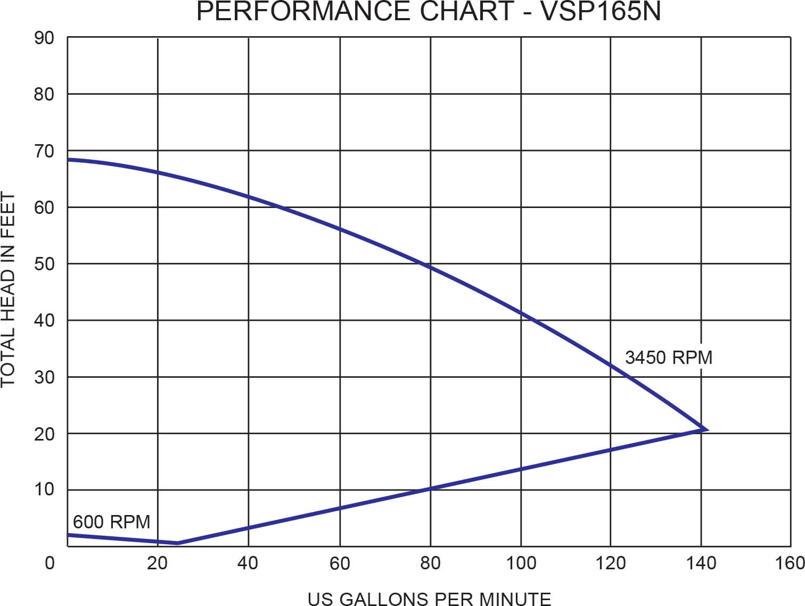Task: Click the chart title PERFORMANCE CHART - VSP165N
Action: tap(429, 11)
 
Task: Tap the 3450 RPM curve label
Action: tap(668, 357)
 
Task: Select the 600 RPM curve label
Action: tap(111, 521)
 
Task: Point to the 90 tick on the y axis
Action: tap(44, 38)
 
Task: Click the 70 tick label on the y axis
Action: tap(44, 151)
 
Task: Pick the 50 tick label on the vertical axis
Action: tap(44, 264)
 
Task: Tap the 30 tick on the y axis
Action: tap(44, 377)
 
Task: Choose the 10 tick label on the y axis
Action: tap(44, 489)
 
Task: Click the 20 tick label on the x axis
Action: tap(157, 563)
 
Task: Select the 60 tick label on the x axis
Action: tap(340, 563)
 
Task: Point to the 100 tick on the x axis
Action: tap(520, 563)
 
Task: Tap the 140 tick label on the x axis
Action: tap(701, 563)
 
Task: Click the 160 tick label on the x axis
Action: tap(790, 563)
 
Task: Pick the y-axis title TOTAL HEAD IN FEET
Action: tap(9, 290)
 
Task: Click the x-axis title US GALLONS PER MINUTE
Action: tap(429, 599)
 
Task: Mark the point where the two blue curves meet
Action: tap(707, 429)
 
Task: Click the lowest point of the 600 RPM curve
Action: tap(178, 543)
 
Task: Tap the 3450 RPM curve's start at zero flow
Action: tap(68, 159)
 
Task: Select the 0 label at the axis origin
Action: tap(50, 563)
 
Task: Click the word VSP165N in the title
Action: tap(600, 11)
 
